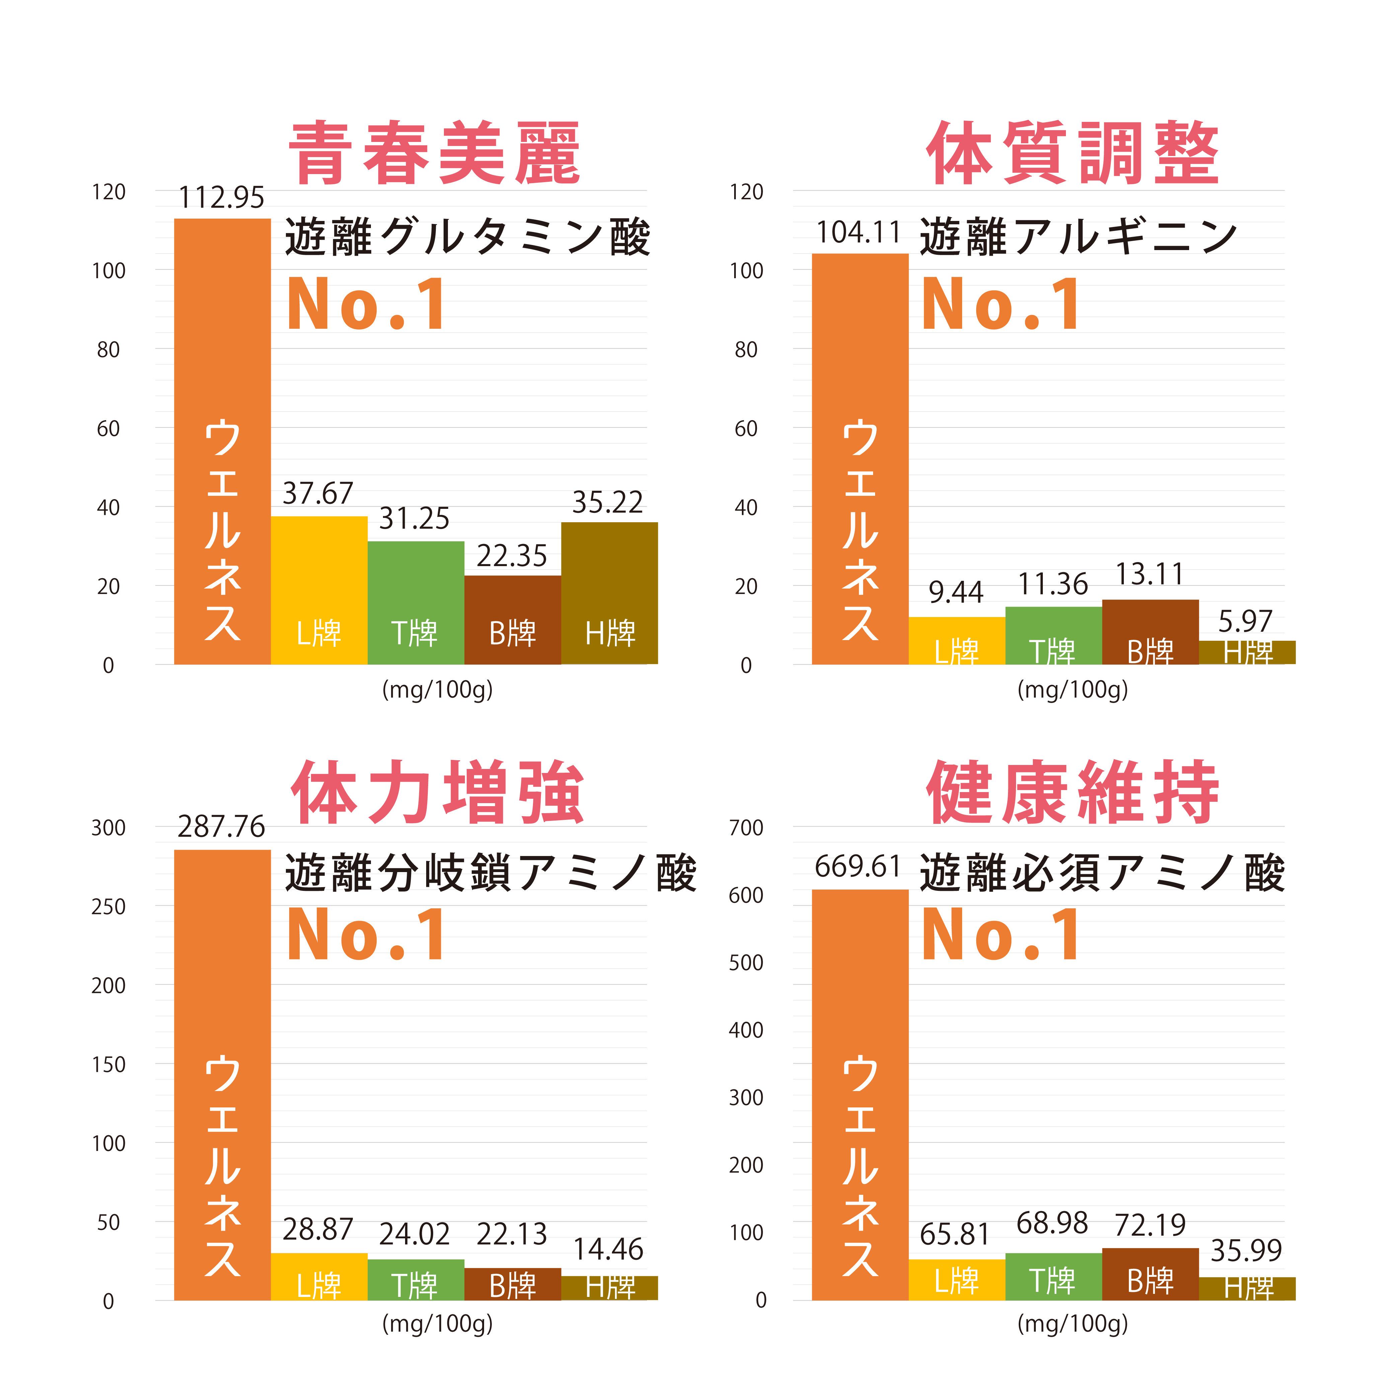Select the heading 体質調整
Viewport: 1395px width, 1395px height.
coord(1073,153)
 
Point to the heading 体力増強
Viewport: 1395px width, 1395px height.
coord(438,793)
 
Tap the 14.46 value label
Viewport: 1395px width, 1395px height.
coord(608,1250)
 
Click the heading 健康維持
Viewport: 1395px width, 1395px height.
coord(1073,793)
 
